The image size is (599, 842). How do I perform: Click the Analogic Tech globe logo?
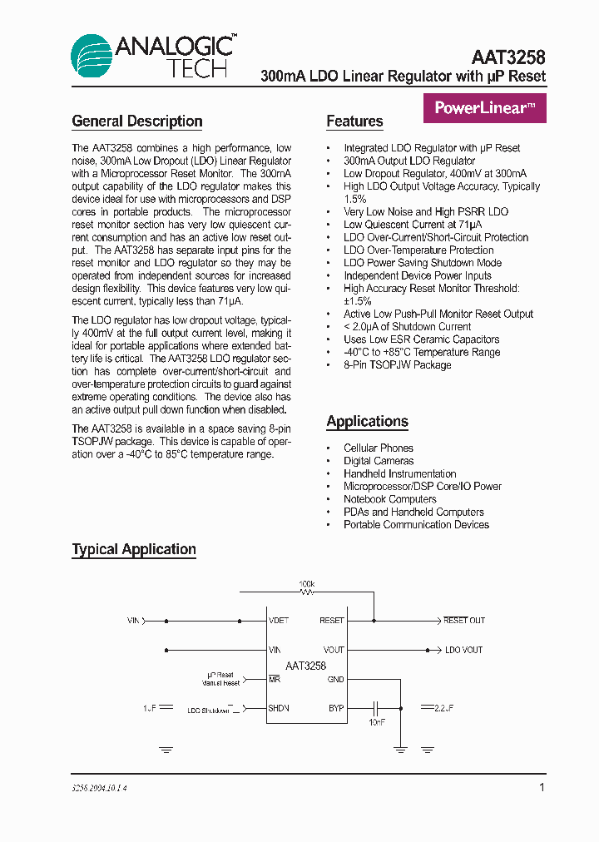[91, 57]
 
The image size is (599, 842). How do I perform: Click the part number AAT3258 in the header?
[507, 57]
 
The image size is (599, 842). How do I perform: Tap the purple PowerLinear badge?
[485, 108]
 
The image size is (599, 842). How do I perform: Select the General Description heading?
[137, 121]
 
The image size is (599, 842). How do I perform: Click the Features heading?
[354, 121]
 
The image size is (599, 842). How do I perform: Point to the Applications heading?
[367, 421]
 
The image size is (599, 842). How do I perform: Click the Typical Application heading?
[134, 549]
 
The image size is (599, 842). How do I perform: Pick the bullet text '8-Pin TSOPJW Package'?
[397, 364]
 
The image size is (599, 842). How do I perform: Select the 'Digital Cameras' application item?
[379, 461]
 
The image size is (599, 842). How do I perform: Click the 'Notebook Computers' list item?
[389, 499]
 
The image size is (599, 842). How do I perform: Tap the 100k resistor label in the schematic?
[306, 584]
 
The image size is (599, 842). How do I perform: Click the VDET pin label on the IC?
[279, 621]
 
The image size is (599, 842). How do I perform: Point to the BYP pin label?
[335, 709]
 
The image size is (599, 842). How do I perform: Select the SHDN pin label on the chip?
[279, 709]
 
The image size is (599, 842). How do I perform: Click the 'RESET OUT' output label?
[464, 621]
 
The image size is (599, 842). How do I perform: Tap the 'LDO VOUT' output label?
[463, 650]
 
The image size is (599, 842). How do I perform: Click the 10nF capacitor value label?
[376, 722]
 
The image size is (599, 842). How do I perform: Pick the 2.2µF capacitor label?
[443, 708]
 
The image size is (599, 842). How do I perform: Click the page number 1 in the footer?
[542, 787]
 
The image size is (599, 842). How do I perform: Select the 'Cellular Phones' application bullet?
[379, 448]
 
